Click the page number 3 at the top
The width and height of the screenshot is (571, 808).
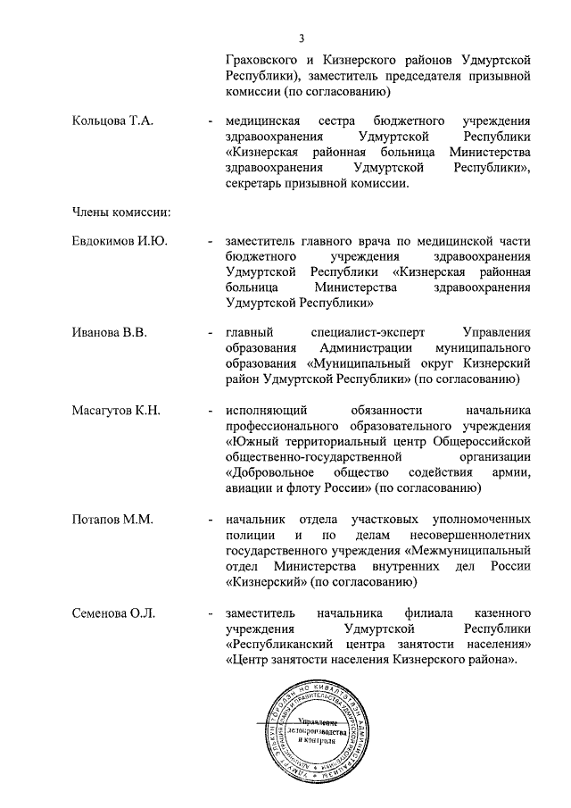click(x=302, y=37)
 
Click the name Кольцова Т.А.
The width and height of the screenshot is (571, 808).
click(x=112, y=121)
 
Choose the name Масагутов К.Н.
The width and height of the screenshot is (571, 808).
click(x=116, y=410)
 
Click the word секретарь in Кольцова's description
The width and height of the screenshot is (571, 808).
click(x=259, y=183)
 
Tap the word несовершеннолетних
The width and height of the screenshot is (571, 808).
click(x=471, y=534)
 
